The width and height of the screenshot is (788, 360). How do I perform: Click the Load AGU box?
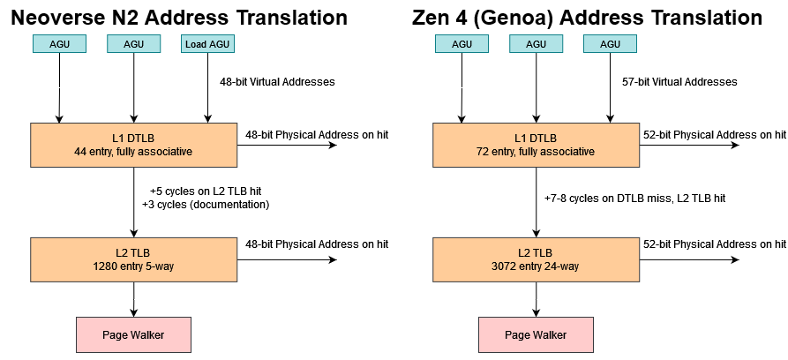[208, 44]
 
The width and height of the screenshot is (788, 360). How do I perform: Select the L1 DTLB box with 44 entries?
[133, 144]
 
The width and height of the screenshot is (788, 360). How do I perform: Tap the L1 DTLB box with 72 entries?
[536, 144]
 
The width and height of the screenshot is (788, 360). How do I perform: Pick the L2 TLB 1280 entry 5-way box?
[133, 259]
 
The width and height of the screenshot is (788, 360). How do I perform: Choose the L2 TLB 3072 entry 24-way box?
[536, 259]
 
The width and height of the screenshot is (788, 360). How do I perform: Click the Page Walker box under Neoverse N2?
[133, 335]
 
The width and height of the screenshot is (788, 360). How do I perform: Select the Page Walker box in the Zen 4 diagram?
[536, 335]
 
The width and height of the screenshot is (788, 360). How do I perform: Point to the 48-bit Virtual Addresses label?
[277, 82]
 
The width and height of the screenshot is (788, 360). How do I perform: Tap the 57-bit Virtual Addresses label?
[679, 82]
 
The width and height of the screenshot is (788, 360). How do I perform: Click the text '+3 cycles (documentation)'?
[205, 205]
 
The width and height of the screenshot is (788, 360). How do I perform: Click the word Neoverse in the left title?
[72, 17]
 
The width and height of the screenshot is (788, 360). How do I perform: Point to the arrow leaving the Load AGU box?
[208, 88]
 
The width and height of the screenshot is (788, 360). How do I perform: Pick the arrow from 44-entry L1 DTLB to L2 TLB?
[133, 201]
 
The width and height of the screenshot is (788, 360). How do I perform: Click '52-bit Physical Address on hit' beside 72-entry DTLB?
[714, 135]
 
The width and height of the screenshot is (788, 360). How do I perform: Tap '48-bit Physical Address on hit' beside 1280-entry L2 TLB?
[317, 244]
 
